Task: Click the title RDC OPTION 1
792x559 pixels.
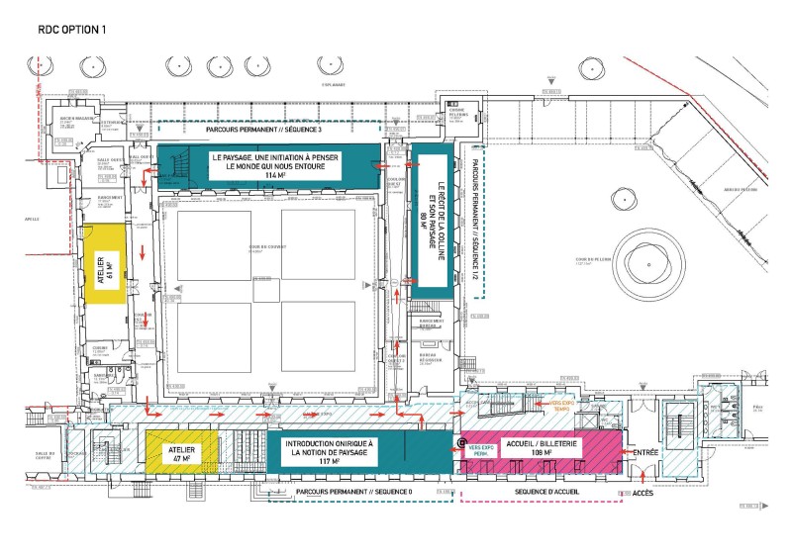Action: pyautogui.click(x=72, y=30)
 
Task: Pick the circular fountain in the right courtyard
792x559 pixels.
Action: pyautogui.click(x=648, y=258)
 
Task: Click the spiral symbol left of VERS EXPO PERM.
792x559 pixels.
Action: pyautogui.click(x=461, y=440)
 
